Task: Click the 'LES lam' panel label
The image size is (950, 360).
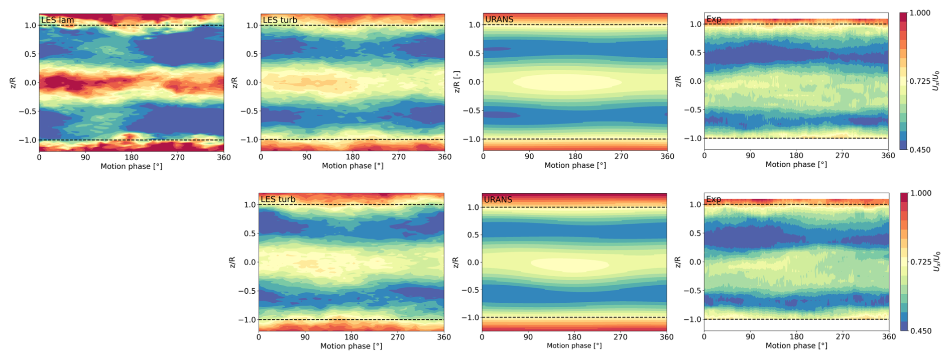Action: point(58,20)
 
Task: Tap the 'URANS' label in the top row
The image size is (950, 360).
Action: point(499,20)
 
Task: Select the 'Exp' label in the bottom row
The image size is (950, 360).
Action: point(714,199)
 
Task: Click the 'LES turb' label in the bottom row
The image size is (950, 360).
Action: point(278,199)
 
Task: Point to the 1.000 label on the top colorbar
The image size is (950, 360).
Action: point(920,13)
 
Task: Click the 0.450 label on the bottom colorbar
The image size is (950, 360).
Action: point(920,331)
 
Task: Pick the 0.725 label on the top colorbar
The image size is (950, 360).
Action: point(920,81)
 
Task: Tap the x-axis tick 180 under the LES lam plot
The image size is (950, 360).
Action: point(132,157)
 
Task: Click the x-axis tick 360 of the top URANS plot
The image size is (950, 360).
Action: point(667,156)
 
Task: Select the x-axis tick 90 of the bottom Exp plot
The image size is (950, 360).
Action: point(750,337)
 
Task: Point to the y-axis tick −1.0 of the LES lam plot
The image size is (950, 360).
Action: point(28,140)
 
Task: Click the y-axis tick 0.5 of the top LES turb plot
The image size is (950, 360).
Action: point(252,54)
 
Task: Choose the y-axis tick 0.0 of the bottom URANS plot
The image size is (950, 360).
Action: point(473,262)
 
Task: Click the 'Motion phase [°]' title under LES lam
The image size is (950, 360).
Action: point(132,166)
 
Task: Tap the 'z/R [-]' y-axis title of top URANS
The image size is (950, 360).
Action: point(457,82)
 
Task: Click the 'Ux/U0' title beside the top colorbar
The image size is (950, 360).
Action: point(936,81)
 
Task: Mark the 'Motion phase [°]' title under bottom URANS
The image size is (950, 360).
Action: point(574,345)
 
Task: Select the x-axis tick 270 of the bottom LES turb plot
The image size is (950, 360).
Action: point(398,337)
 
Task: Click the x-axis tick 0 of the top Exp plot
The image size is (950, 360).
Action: point(704,156)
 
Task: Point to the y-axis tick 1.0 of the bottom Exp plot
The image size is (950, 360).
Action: point(695,204)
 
